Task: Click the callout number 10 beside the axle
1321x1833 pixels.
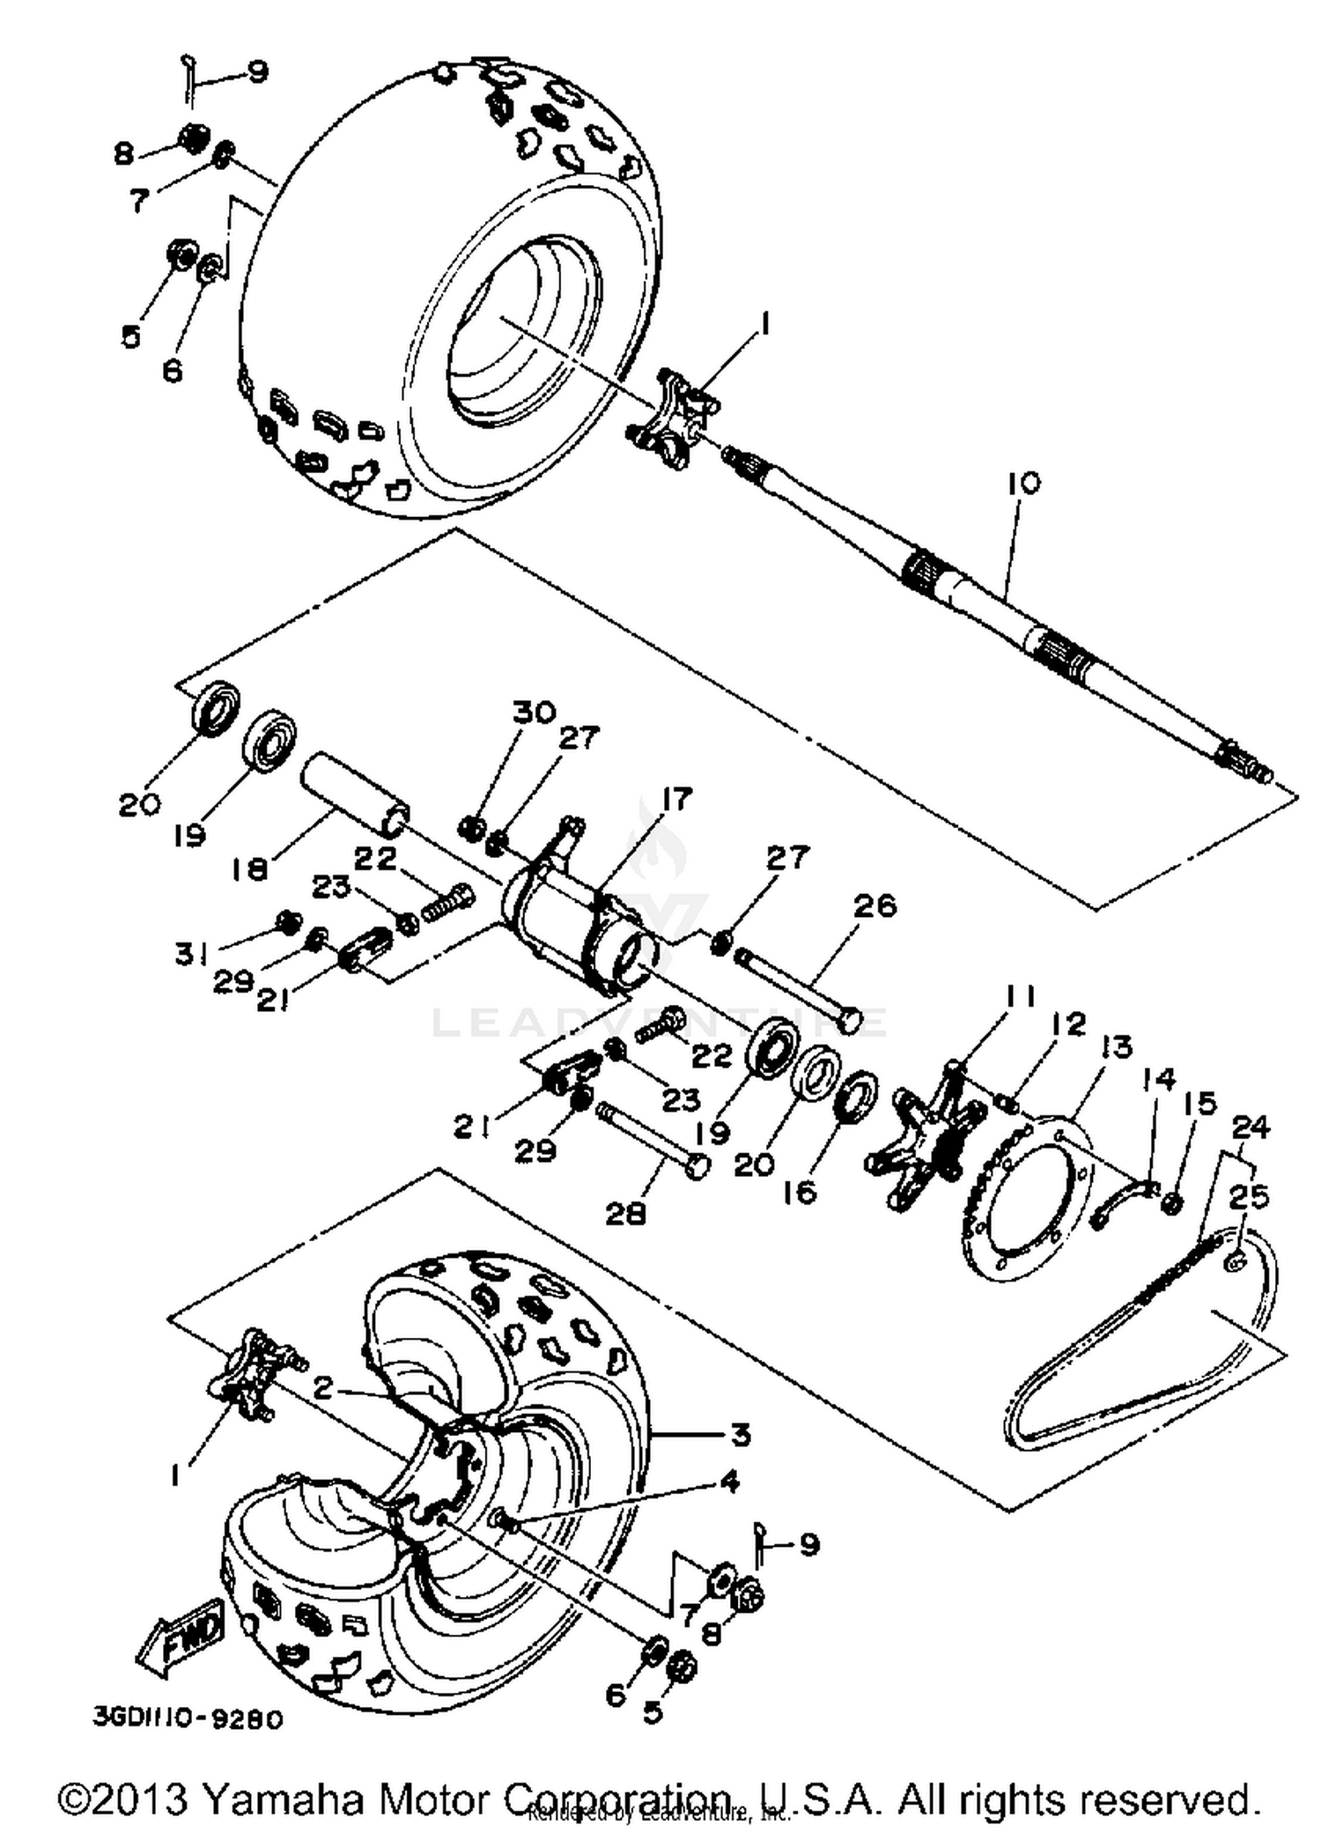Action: pos(1024,484)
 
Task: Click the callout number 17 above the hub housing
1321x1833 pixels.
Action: pos(677,799)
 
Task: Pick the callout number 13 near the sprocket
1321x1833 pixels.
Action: pos(1116,1047)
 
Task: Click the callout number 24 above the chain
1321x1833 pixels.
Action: pos(1251,1127)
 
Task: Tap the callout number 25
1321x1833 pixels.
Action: pos(1249,1197)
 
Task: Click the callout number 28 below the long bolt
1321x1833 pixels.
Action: pos(625,1214)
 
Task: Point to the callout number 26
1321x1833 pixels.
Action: pos(875,905)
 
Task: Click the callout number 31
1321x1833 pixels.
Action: pos(190,953)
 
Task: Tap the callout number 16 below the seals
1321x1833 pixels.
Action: pos(802,1193)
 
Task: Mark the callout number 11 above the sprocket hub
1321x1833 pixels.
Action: pos(1021,997)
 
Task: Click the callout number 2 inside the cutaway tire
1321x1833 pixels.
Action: pos(323,1390)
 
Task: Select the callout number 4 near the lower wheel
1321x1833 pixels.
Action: pos(729,1482)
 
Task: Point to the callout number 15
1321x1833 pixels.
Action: pos(1200,1103)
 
